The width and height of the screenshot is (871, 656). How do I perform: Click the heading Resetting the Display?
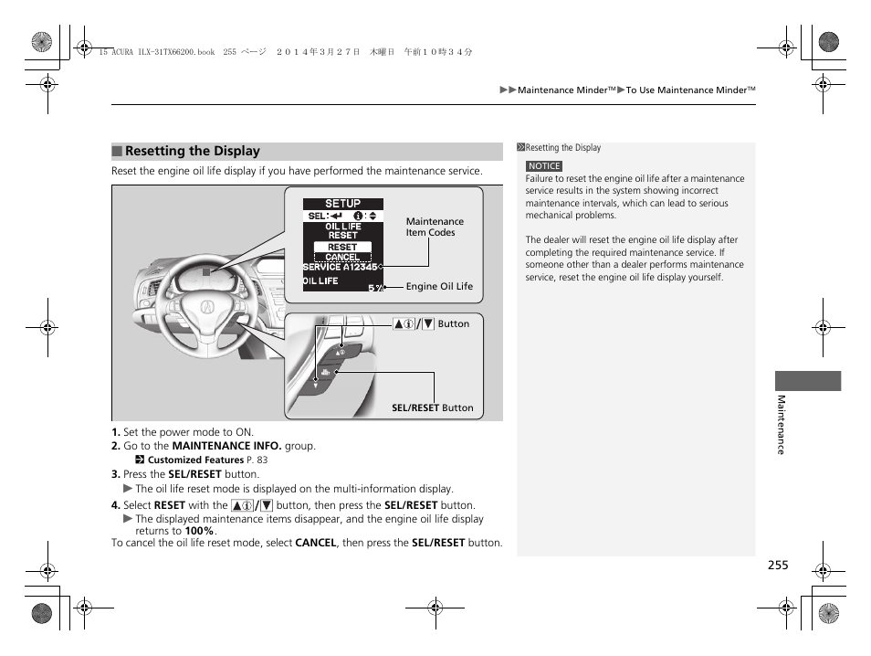point(193,152)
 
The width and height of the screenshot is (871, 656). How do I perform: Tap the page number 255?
point(777,566)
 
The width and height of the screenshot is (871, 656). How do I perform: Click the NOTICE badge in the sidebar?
point(544,166)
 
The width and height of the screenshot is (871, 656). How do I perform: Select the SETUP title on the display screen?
point(343,204)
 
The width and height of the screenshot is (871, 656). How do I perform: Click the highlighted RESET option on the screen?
point(342,247)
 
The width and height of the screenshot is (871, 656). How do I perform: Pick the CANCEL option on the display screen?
point(342,257)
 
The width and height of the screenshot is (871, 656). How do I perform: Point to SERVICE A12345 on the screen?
point(340,267)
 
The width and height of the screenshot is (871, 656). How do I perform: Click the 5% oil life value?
point(375,288)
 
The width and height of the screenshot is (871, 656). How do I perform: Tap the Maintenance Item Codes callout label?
point(435,227)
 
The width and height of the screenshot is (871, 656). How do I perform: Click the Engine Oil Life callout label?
point(439,286)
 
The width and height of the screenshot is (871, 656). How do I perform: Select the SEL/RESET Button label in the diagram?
point(433,408)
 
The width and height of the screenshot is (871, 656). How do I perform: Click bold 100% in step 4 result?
point(200,531)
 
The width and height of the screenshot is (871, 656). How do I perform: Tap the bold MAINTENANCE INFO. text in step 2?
point(226,447)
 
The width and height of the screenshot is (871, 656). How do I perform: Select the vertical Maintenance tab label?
point(781,424)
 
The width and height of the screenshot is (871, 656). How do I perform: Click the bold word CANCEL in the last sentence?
point(316,543)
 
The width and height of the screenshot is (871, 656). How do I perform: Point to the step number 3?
point(116,474)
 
